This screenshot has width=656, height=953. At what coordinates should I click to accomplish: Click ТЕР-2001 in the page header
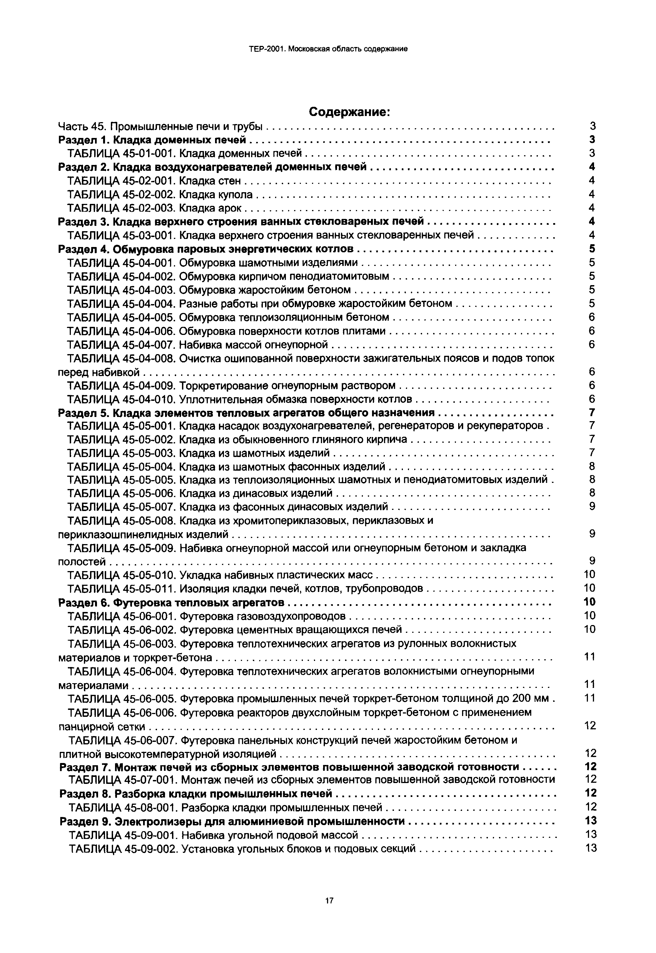(x=266, y=49)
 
